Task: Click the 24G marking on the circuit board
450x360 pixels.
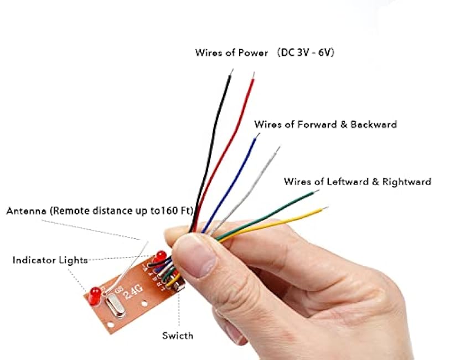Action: (x=135, y=290)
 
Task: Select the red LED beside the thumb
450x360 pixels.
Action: (x=161, y=256)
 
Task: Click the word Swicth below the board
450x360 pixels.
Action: (x=178, y=336)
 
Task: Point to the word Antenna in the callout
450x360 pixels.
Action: (x=27, y=212)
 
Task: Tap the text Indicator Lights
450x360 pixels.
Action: (x=50, y=260)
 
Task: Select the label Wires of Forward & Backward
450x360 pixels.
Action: (x=325, y=125)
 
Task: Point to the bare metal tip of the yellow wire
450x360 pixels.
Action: (x=325, y=209)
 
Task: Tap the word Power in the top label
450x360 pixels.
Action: (x=252, y=53)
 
